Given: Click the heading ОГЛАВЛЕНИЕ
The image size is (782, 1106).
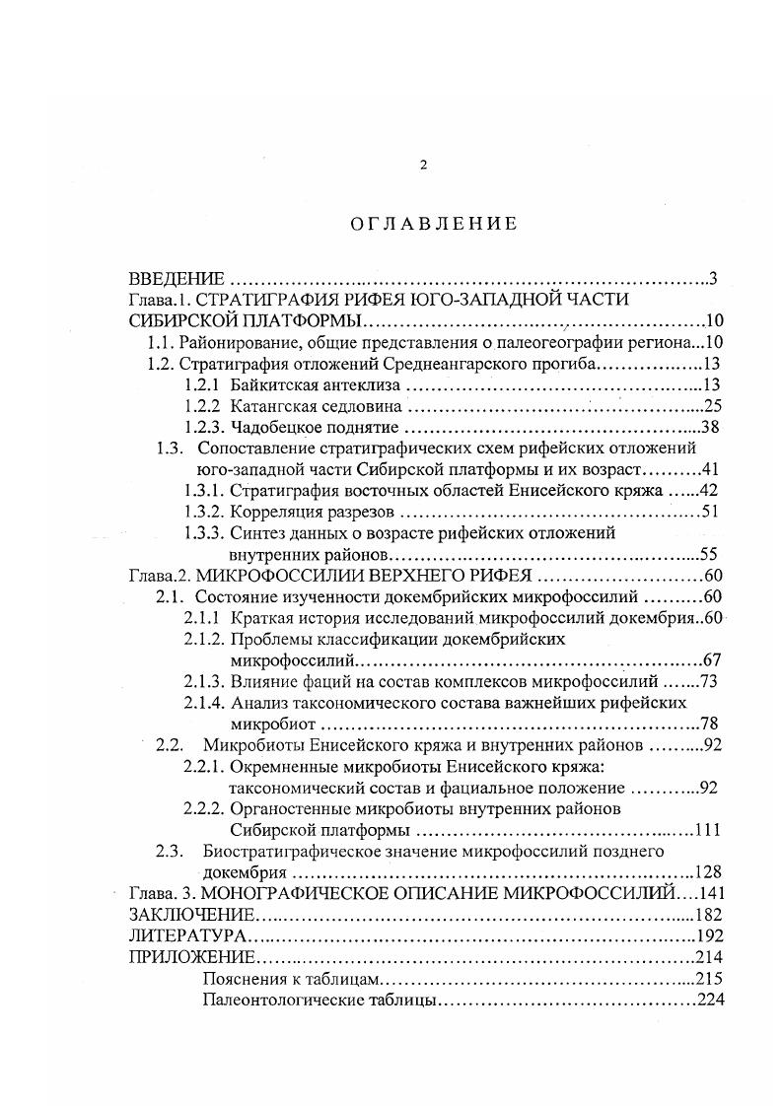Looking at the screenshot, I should tap(433, 224).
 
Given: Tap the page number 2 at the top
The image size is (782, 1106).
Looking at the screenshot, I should tap(423, 165).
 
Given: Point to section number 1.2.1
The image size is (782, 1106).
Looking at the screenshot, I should tap(204, 385).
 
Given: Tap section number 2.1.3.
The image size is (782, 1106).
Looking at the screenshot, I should tap(204, 681).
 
